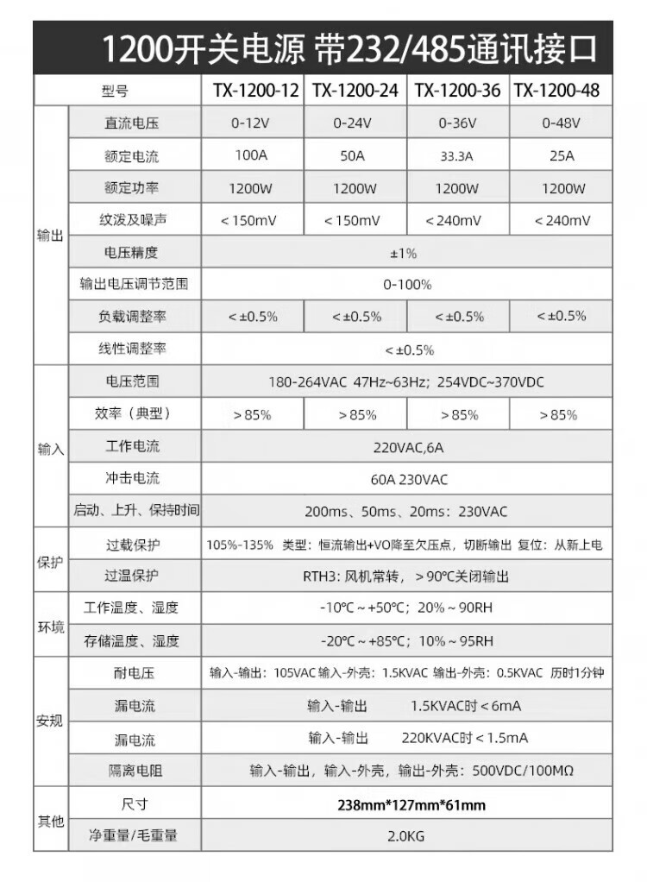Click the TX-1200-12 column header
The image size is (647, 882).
(x=253, y=91)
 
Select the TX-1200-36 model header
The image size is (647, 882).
(x=457, y=91)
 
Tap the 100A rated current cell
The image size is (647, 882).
(x=253, y=156)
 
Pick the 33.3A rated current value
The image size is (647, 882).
(x=457, y=156)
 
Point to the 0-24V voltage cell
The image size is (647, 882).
(x=355, y=123)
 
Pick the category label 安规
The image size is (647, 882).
(x=50, y=721)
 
